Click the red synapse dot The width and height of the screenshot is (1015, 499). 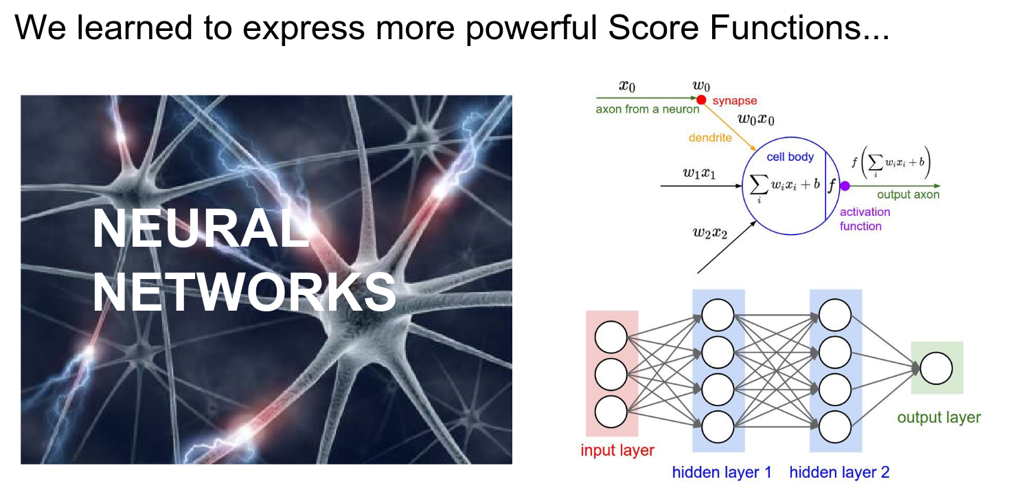701,100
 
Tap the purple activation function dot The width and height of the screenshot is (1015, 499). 845,186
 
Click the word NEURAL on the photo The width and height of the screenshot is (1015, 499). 200,230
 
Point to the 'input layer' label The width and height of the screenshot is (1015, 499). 617,451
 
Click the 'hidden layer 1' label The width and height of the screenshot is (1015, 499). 722,472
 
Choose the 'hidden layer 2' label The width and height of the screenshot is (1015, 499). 839,472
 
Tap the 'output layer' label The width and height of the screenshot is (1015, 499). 939,417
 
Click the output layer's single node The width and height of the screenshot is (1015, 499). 937,369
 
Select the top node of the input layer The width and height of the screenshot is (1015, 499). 611,338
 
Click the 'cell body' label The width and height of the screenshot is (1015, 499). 790,157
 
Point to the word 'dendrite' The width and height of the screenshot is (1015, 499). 709,137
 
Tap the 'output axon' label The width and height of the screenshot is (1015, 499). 908,195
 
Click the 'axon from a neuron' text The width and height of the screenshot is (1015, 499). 648,109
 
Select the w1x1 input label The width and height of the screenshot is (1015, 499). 699,173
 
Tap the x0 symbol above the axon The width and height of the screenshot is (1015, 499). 627,86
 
